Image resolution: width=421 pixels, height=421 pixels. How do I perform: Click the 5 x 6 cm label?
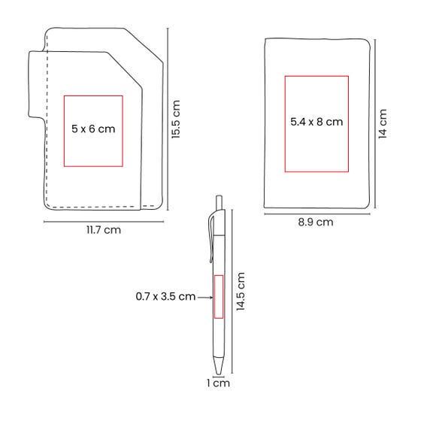tap(93, 129)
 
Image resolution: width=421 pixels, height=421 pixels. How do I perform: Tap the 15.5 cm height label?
tap(176, 120)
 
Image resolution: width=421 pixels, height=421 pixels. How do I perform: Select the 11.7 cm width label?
tap(104, 230)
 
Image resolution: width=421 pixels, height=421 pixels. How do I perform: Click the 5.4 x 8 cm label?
tap(317, 122)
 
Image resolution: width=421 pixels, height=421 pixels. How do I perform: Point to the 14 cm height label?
tap(383, 124)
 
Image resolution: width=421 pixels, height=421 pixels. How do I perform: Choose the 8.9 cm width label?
tap(316, 223)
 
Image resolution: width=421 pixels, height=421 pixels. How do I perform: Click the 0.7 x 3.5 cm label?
tap(165, 296)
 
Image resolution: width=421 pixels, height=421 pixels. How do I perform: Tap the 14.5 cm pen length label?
tap(241, 292)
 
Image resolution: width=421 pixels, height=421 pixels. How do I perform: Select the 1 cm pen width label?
tap(218, 383)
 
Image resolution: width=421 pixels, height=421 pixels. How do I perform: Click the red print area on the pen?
tap(219, 297)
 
